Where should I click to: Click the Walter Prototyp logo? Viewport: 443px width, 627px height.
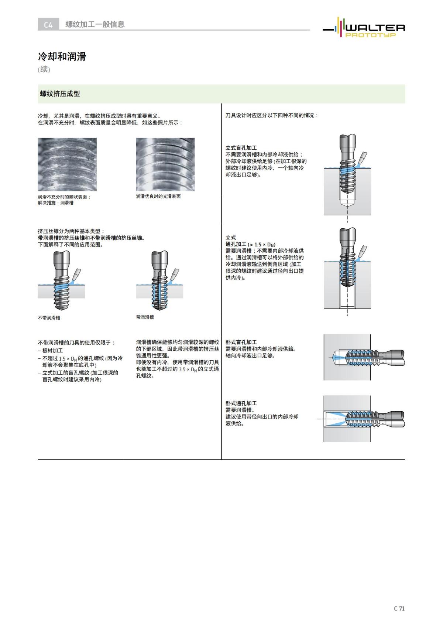[364, 28]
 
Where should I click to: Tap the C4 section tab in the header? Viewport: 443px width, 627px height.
[48, 25]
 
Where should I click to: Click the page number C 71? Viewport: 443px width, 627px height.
[399, 608]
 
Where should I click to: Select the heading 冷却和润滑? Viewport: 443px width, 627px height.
[62, 57]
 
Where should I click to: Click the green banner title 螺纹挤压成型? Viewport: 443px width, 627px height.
[60, 94]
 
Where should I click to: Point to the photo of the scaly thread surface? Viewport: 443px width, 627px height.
[67, 164]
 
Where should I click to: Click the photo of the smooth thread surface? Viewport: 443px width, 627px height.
[165, 164]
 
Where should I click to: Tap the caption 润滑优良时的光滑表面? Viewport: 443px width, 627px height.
[158, 197]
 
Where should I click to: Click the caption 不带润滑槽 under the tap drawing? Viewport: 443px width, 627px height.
[49, 318]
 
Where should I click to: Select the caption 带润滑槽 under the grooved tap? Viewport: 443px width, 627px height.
[145, 317]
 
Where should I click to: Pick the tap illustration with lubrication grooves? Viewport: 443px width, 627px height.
[160, 281]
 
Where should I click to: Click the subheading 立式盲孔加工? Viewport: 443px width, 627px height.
[241, 148]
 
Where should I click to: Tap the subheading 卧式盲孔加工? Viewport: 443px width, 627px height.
[241, 342]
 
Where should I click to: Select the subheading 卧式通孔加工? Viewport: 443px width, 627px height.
[241, 403]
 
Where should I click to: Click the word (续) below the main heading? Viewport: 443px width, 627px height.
[44, 69]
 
